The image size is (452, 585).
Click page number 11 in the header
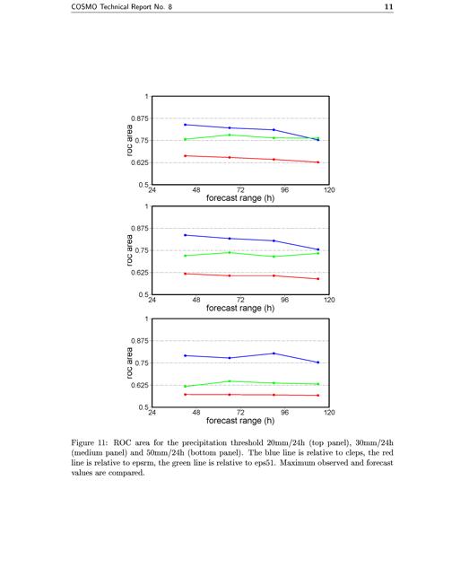(388, 6)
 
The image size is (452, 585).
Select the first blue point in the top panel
(186, 125)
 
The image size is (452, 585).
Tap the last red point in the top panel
(318, 162)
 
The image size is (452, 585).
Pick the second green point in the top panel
(230, 135)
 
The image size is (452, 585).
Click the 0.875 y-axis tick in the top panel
(140, 118)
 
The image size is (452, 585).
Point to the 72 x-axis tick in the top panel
(240, 190)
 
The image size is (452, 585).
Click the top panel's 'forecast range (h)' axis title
(240, 198)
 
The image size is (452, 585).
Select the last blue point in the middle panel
(318, 249)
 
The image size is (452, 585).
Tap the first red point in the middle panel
(186, 274)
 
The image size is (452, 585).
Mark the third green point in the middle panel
(274, 257)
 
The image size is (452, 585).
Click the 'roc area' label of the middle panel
(129, 250)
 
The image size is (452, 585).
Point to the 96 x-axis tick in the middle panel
(284, 300)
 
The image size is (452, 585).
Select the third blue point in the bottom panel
(274, 354)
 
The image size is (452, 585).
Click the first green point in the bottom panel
(186, 386)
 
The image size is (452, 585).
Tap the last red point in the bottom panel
(318, 396)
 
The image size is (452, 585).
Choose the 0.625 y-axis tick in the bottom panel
(140, 386)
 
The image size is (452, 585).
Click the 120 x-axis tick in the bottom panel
(329, 413)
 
